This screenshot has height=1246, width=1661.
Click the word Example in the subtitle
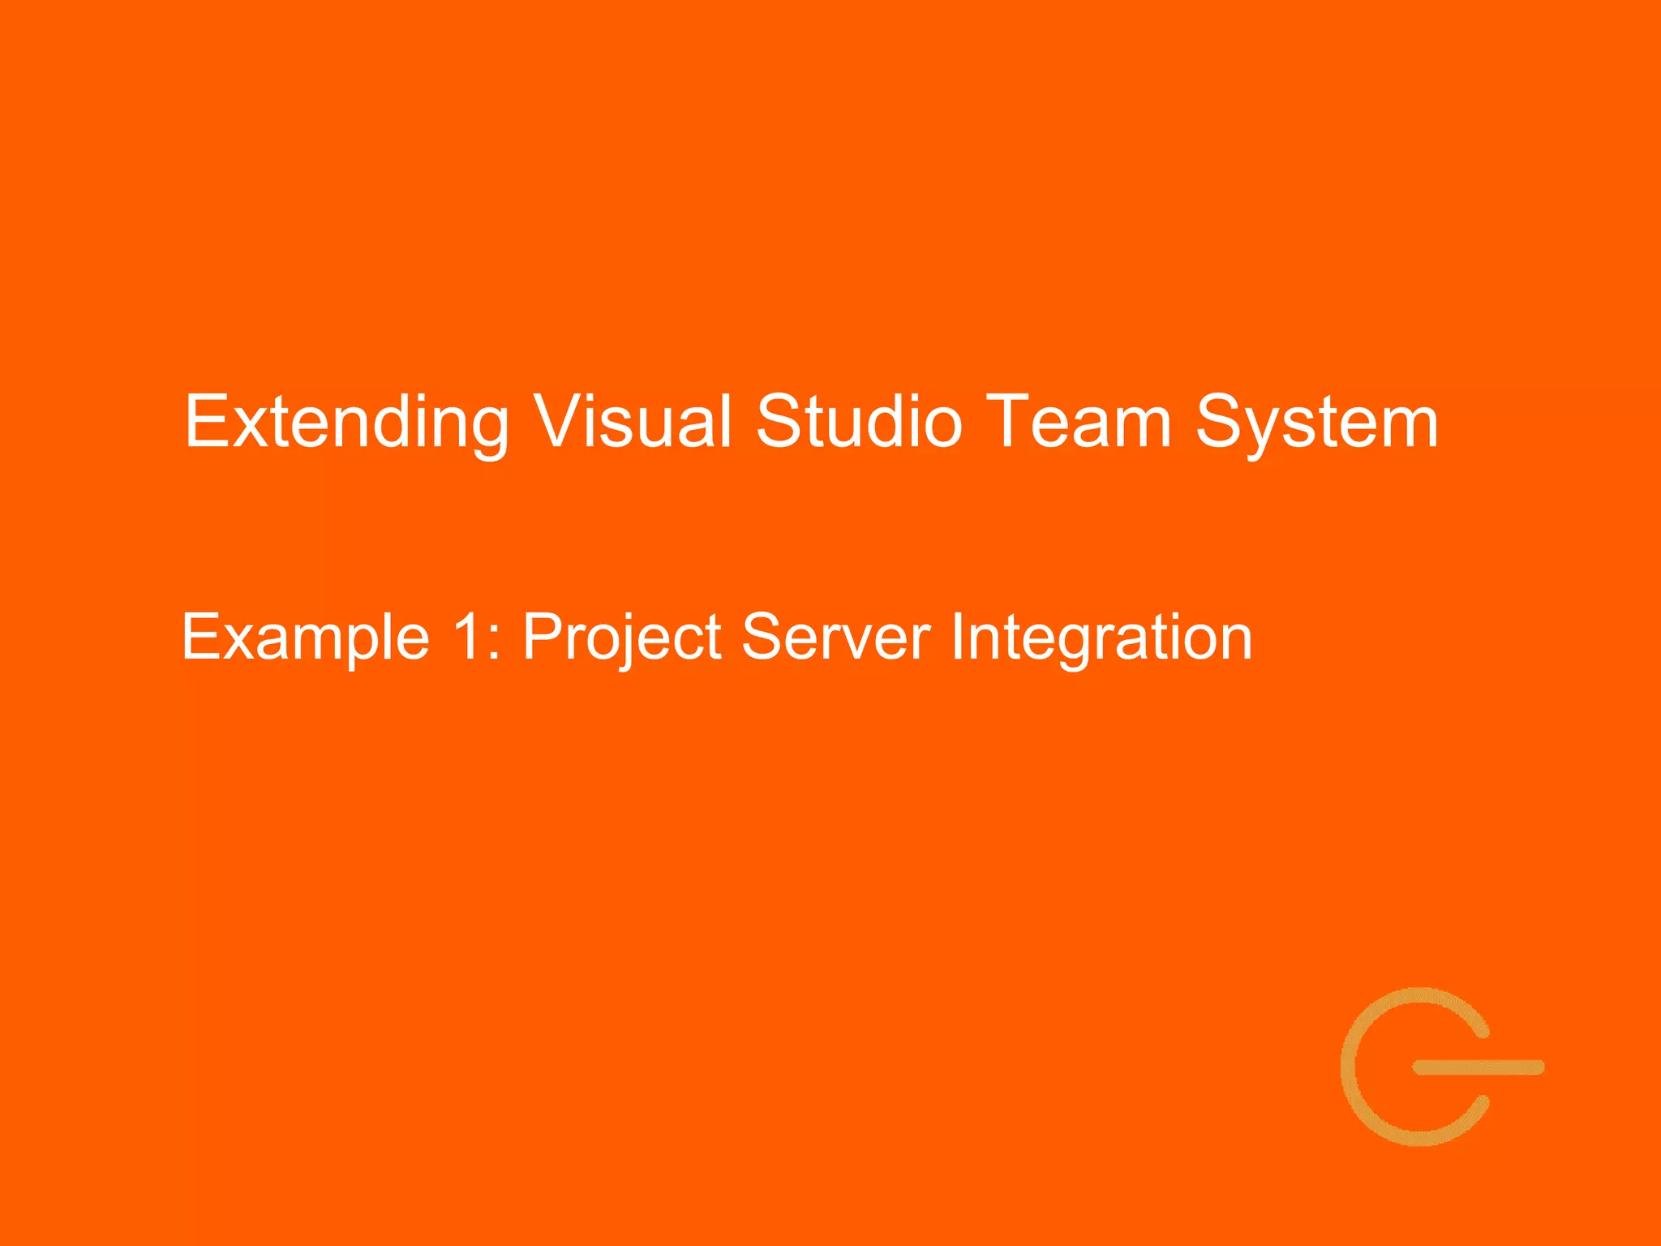click(x=305, y=638)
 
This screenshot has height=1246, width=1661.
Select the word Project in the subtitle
click(x=621, y=638)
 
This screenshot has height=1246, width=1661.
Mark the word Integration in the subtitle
click(x=1101, y=638)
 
